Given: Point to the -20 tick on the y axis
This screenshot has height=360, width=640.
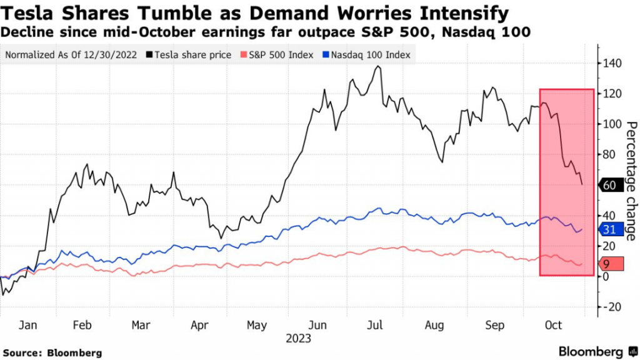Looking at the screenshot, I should coord(613,306).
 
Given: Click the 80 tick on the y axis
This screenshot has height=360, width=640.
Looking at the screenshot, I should coord(612,154).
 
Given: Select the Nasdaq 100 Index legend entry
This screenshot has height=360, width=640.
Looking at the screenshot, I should coord(367,55).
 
